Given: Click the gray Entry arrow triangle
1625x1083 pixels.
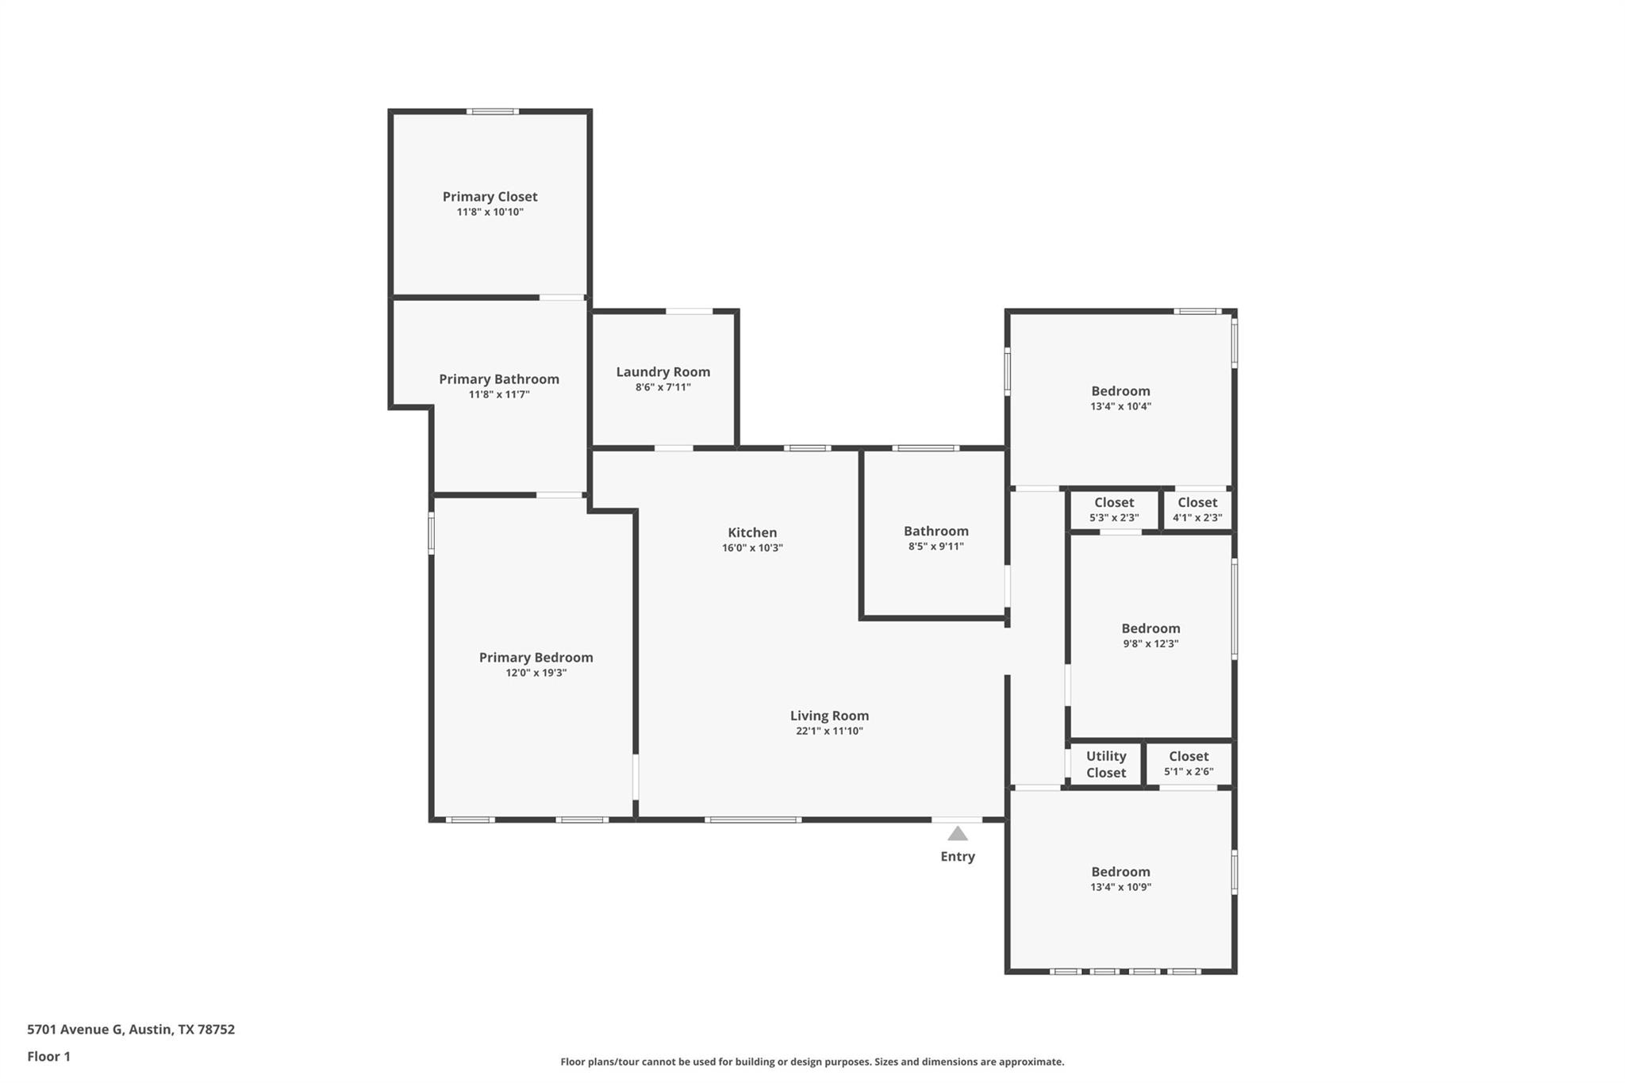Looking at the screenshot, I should point(958,834).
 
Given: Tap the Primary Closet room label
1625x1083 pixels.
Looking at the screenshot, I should point(490,197).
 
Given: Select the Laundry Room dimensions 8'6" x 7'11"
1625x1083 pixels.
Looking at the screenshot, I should point(663,387).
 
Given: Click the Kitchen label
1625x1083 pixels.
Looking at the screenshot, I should point(752,532).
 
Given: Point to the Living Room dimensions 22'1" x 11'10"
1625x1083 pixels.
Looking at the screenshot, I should point(829,731).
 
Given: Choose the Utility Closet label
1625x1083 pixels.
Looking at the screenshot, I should point(1106,764).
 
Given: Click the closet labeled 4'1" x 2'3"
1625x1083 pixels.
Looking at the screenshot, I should point(1197,509).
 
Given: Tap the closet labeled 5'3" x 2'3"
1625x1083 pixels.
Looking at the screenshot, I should point(1114,509).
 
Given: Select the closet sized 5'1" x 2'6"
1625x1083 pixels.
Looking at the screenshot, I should point(1188,763).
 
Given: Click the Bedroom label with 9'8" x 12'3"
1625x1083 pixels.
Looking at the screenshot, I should point(1151,628).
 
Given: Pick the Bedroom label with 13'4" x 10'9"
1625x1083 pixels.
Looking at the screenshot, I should point(1120,871).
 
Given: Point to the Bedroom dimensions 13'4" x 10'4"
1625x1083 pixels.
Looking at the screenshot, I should point(1120,406).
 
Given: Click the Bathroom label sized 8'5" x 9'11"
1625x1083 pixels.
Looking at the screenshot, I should point(935,531).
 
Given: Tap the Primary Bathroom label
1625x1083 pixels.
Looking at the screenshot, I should point(499,379).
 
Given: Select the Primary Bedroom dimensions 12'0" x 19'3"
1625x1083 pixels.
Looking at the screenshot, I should point(536,673).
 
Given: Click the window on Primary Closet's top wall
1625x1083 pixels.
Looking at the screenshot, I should point(492,112).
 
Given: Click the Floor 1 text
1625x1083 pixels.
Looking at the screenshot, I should point(48,1056).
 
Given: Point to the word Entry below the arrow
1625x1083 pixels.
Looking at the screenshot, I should point(958,856).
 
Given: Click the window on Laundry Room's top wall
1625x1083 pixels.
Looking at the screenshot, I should point(689,312).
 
